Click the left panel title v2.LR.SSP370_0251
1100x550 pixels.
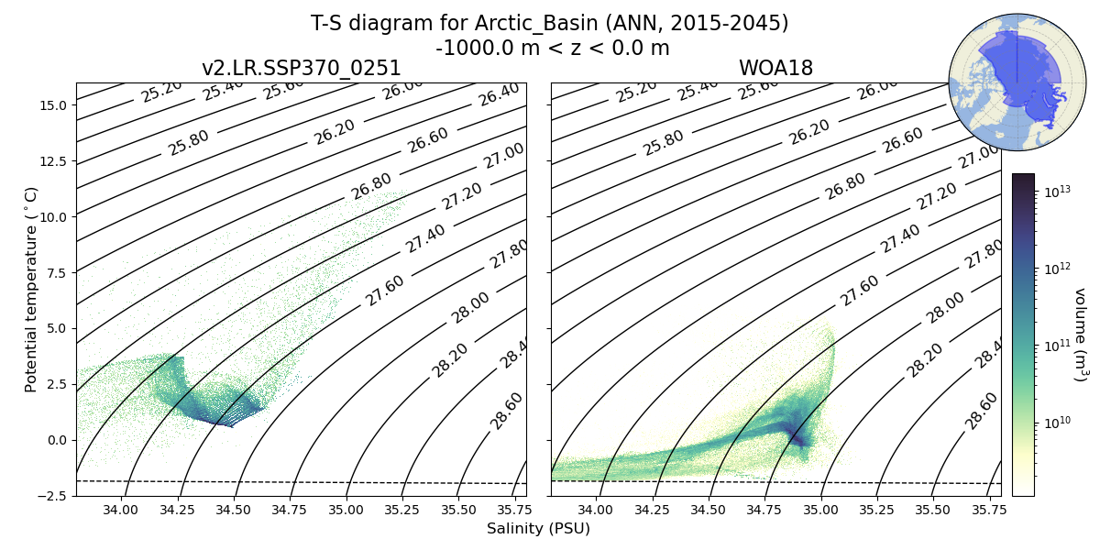tap(301, 69)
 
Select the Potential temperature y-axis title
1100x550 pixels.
tap(32, 290)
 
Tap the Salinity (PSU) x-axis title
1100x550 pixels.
tap(538, 529)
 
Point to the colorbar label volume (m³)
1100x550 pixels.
tap(1081, 335)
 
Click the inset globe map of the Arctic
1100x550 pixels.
tap(1005, 82)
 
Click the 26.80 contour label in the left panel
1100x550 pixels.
tap(371, 186)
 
